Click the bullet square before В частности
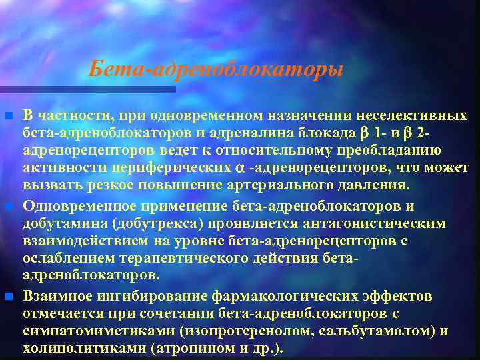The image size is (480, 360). click(8, 117)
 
